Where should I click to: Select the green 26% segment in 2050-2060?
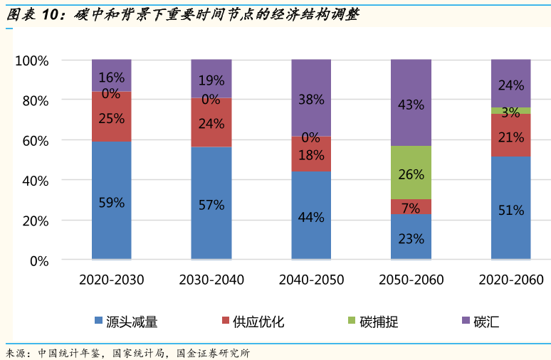click(411, 173)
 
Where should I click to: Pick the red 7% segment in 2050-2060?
click(411, 207)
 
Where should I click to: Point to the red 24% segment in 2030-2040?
click(211, 122)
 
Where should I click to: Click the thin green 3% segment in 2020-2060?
click(510, 110)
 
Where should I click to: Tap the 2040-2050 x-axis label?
click(311, 280)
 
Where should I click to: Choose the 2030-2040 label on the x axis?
click(211, 280)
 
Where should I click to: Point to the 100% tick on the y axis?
click(32, 61)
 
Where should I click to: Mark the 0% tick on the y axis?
click(38, 261)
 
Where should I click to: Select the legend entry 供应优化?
click(252, 322)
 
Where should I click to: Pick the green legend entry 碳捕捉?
click(372, 322)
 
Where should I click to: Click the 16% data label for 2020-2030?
click(112, 78)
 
